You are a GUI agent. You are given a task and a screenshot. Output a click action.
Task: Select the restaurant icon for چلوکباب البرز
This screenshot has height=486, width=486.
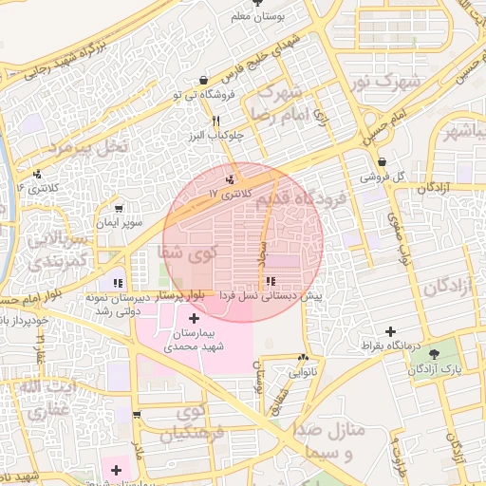tap(216, 121)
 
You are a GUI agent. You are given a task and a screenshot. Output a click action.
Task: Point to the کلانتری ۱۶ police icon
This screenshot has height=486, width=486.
tap(37, 174)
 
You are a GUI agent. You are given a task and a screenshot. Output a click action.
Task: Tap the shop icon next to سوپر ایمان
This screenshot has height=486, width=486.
tap(119, 208)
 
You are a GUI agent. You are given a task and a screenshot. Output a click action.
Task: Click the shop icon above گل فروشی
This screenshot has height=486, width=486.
tap(382, 162)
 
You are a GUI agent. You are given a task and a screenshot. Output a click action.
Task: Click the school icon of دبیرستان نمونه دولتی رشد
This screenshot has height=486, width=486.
tap(118, 282)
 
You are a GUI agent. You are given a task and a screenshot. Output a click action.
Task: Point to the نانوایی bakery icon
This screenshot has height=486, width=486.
tap(303, 358)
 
